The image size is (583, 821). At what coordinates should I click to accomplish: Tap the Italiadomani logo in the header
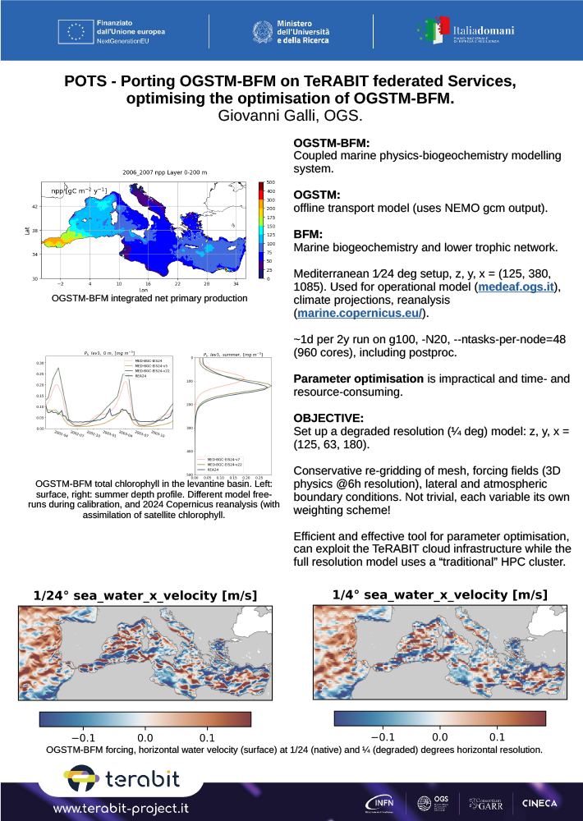[x=477, y=31]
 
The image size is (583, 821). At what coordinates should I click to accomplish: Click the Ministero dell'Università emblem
[x=262, y=32]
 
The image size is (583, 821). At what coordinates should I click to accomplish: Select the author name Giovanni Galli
[x=262, y=116]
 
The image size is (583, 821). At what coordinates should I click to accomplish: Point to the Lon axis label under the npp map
[x=145, y=290]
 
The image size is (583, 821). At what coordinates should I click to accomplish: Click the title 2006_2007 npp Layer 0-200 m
[x=144, y=173]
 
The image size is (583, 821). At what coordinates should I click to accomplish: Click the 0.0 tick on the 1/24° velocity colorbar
[x=145, y=729]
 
